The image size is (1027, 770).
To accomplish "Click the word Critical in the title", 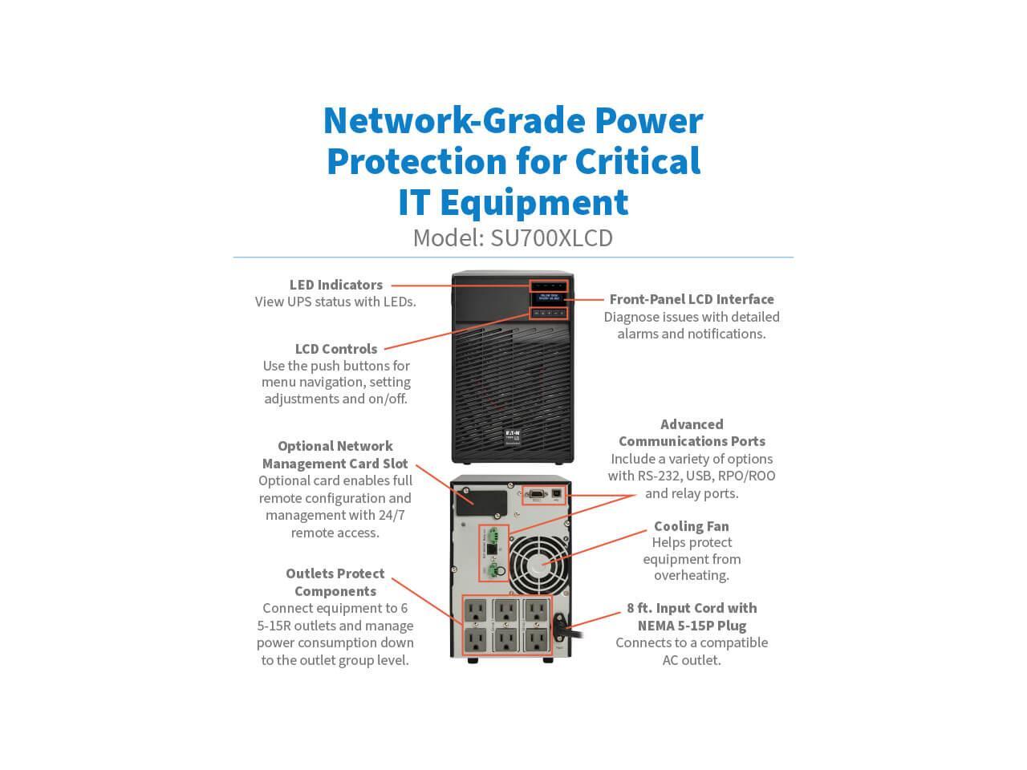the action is [x=638, y=160].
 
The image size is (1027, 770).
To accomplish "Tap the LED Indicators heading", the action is [x=335, y=285].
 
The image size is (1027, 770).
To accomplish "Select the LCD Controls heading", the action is [x=335, y=349].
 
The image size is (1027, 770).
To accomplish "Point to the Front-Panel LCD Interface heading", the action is [x=692, y=299].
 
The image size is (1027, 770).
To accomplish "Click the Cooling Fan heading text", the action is [x=691, y=526].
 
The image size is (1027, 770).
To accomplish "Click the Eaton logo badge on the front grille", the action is [x=512, y=434].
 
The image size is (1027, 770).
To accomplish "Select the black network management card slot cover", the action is [x=481, y=499].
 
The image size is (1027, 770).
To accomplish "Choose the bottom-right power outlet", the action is [x=535, y=640].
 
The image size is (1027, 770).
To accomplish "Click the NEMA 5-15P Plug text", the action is [x=692, y=626].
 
